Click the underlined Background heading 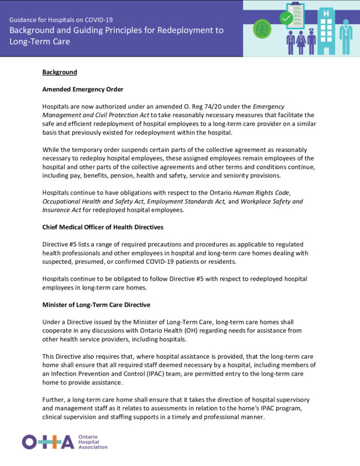pos(59,72)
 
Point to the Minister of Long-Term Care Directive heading pos(97,304)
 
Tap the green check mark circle pos(285,19)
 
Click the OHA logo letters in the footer pos(48,442)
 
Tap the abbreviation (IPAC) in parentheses pos(174,374)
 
